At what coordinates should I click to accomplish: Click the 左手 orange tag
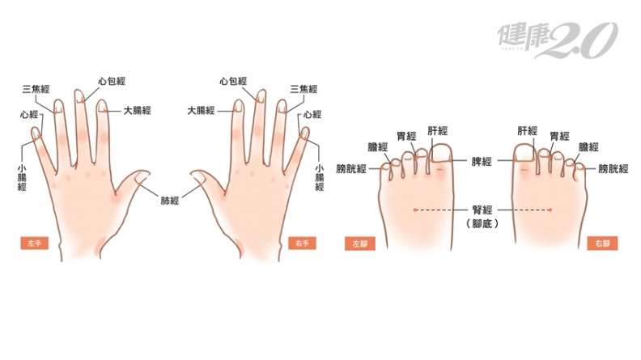[34, 244]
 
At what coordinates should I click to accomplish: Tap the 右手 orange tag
[302, 244]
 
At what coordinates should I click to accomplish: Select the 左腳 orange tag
[359, 244]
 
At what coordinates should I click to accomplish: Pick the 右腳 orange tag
[602, 244]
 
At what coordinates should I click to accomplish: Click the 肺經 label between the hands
[170, 201]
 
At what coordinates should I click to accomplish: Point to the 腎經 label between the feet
[482, 210]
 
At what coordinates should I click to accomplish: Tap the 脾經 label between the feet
[482, 162]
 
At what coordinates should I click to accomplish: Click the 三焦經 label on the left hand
[36, 89]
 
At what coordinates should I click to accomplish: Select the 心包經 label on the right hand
[233, 81]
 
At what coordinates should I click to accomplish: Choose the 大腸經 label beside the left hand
[138, 110]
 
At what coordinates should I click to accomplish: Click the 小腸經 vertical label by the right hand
[319, 178]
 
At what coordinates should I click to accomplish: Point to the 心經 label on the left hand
[29, 115]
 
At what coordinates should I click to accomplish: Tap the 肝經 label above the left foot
[438, 131]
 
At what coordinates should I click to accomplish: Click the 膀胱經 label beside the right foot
[613, 168]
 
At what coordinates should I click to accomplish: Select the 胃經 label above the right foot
[559, 136]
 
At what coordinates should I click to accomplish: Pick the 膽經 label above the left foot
[378, 146]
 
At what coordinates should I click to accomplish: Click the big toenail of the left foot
[442, 152]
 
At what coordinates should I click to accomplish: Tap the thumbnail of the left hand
[142, 177]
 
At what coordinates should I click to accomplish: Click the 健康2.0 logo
[557, 40]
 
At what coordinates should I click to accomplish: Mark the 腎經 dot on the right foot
[550, 210]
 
